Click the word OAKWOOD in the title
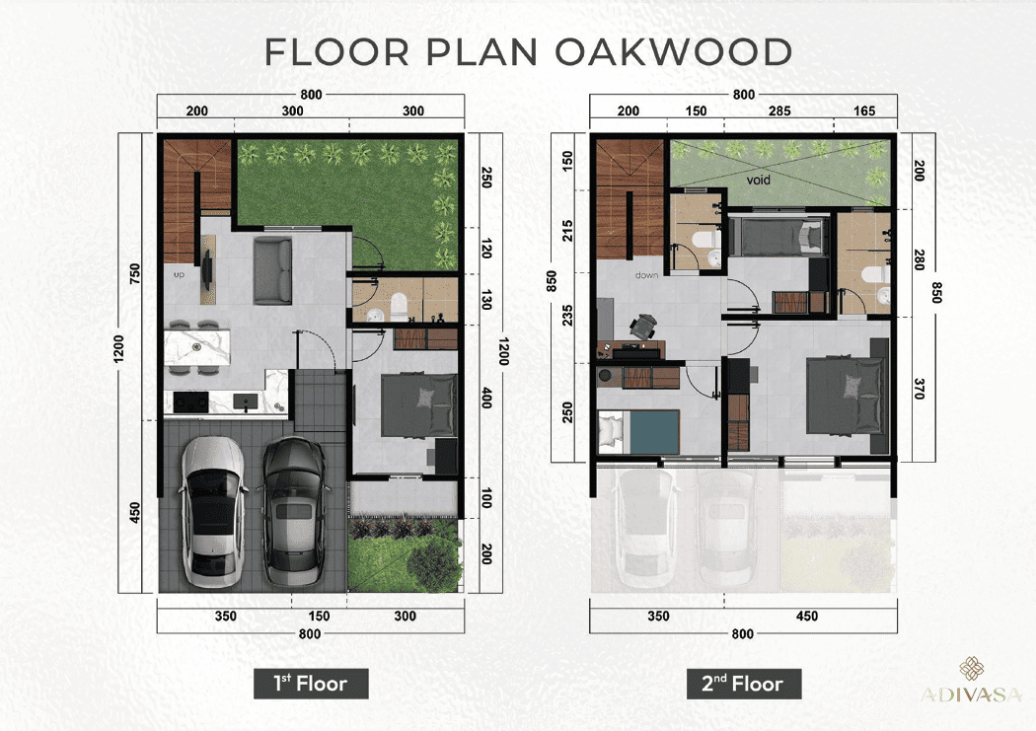coord(673,52)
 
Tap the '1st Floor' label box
coord(311,684)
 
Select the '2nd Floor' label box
coord(743,684)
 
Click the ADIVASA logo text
coord(971,694)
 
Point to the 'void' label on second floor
coord(758,180)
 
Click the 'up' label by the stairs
coord(179,274)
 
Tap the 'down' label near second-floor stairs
coord(646,274)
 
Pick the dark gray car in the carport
coord(293,512)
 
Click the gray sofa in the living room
coord(272,271)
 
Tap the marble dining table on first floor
coord(197,347)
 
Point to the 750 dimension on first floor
coord(135,273)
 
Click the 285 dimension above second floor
coord(779,110)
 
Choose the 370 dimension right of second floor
coord(919,389)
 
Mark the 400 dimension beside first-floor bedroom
coord(487,399)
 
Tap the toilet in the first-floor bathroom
coord(399,307)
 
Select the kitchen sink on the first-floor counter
coord(246,402)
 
